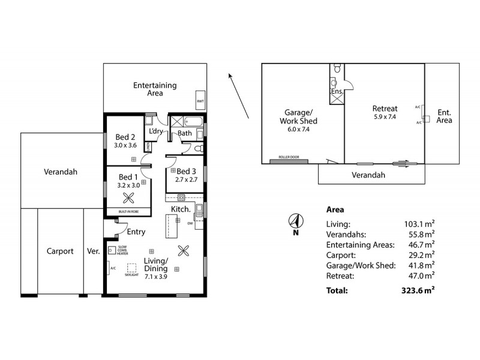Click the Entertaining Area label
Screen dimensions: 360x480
tap(155, 89)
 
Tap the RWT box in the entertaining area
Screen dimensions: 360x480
tap(200, 101)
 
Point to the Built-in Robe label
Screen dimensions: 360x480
tap(128, 211)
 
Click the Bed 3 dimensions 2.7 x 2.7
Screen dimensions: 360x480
tap(187, 179)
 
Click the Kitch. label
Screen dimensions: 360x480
tap(181, 209)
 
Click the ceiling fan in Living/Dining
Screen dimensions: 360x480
tap(183, 251)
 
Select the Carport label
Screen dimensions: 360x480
tap(60, 251)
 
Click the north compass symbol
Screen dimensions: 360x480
tap(295, 220)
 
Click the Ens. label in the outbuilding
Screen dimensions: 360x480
tap(336, 91)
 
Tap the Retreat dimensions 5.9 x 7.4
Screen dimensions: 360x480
tap(385, 117)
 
